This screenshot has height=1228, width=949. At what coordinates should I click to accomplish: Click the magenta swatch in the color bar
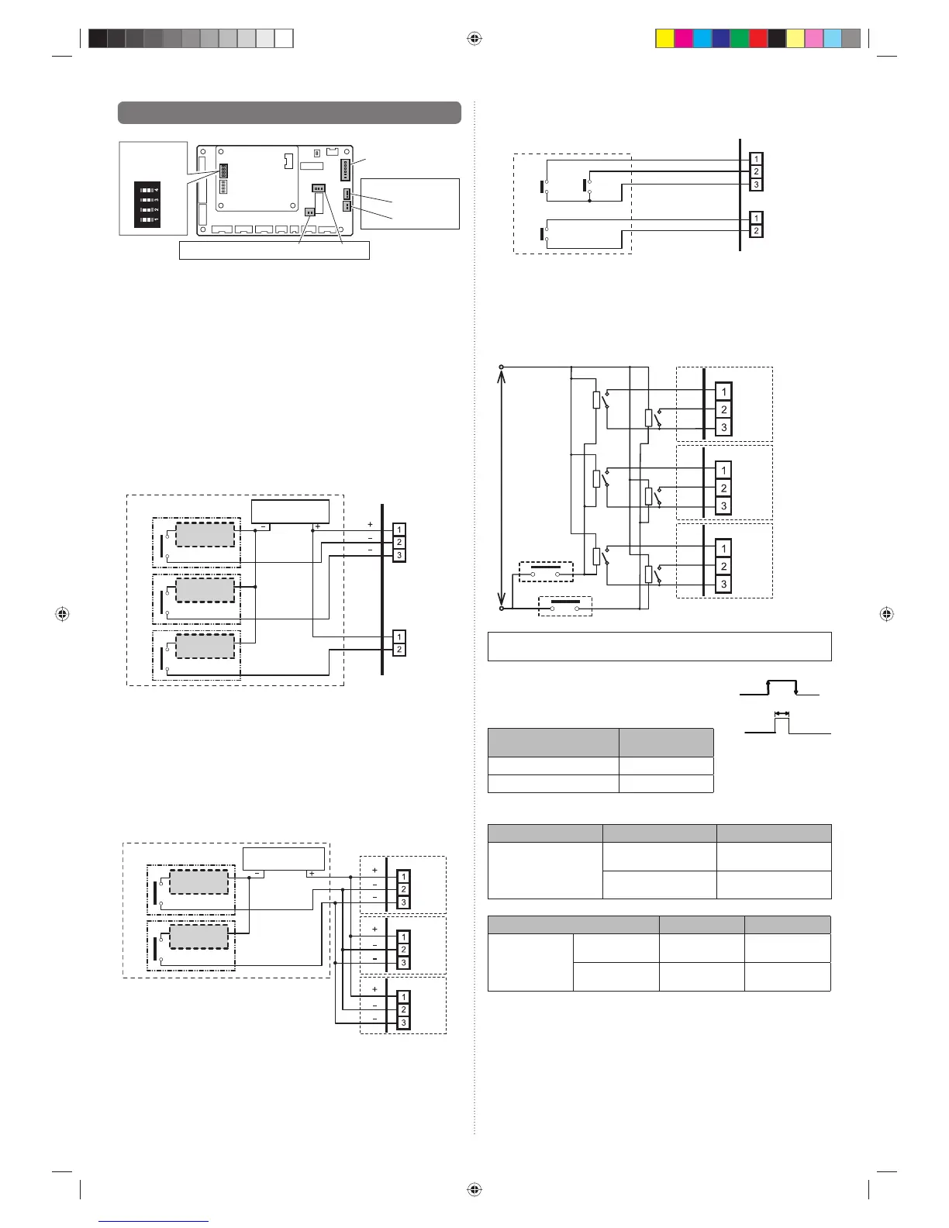(x=684, y=39)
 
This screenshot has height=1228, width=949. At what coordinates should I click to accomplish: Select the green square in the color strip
(x=740, y=39)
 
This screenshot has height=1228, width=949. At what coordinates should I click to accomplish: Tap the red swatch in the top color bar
(x=758, y=39)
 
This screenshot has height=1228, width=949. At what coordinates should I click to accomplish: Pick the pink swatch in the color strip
(x=814, y=39)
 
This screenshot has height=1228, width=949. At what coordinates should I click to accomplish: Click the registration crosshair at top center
(x=474, y=39)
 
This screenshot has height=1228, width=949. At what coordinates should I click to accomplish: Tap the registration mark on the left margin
(x=62, y=614)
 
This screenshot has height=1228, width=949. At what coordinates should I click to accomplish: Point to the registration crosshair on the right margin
(x=886, y=614)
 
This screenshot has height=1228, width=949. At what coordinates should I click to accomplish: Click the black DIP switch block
(x=147, y=205)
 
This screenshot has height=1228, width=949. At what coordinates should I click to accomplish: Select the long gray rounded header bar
(x=289, y=112)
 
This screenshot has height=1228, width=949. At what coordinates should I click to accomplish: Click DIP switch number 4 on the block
(x=148, y=191)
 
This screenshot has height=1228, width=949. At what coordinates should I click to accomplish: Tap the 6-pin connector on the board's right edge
(x=345, y=170)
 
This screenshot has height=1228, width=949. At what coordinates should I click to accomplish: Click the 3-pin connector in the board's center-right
(x=319, y=188)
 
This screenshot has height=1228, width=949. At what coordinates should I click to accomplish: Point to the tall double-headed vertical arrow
(x=502, y=488)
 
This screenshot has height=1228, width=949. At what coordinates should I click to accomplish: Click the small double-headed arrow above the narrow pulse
(x=782, y=714)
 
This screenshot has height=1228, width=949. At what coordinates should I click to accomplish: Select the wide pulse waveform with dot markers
(x=779, y=688)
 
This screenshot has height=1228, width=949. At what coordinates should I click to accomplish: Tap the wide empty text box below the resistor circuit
(x=660, y=647)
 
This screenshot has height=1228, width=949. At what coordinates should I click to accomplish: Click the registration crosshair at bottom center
(x=474, y=1189)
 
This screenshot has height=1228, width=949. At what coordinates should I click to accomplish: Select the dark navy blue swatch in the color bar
(x=720, y=39)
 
